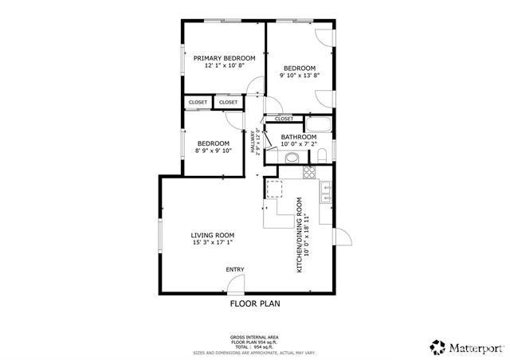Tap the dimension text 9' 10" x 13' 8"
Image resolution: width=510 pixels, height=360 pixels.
[300, 76]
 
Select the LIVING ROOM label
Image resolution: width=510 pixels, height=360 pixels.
[213, 235]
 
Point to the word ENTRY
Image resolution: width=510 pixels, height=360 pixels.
[235, 269]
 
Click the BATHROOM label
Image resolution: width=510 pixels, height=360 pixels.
[299, 137]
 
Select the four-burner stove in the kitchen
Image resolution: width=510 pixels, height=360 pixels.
[325, 189]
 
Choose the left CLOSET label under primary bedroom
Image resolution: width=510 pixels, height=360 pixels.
[198, 102]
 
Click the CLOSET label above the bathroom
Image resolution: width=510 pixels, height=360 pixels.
[284, 119]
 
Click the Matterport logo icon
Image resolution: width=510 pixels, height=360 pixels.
[437, 346]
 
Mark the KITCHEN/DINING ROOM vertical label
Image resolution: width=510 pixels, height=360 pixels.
[300, 235]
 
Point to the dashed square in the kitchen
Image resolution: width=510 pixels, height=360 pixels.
[274, 188]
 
